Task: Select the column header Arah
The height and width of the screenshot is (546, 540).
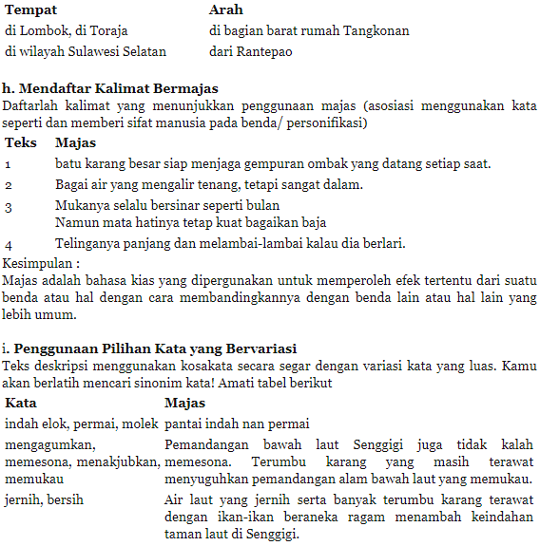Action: click(x=226, y=9)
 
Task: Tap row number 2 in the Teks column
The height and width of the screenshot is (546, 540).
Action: click(x=8, y=184)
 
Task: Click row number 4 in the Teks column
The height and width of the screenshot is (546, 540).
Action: click(x=9, y=244)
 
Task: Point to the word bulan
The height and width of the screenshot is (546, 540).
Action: click(x=261, y=204)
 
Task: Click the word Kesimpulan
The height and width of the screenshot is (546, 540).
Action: click(x=37, y=262)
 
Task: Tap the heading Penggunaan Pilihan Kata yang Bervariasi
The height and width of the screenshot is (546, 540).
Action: click(x=155, y=348)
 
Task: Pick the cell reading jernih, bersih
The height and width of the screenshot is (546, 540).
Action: click(x=44, y=499)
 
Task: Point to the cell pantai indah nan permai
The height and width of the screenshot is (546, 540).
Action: click(x=239, y=423)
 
